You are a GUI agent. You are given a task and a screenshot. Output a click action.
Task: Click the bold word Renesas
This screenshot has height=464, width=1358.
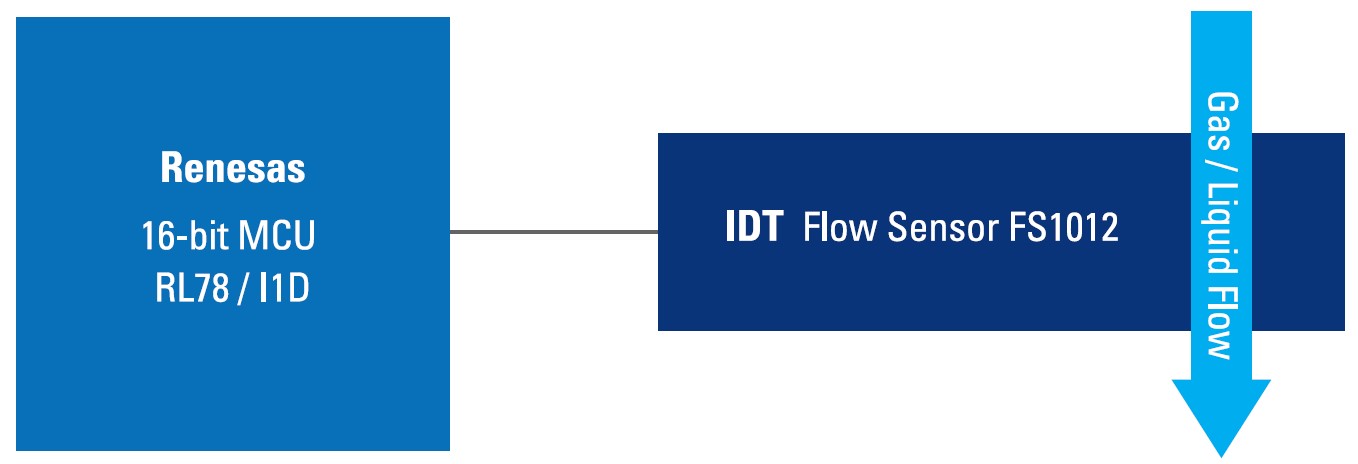[233, 167]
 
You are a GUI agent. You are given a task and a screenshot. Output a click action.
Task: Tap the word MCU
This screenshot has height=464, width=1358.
[277, 235]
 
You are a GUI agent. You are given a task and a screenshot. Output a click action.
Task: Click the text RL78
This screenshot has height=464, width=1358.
[192, 287]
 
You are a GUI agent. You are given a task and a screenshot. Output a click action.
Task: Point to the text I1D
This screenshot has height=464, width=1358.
[284, 287]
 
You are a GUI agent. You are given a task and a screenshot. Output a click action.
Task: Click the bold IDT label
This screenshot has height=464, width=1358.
[754, 227]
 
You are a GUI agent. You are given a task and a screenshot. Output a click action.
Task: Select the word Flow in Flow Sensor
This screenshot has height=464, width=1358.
[840, 227]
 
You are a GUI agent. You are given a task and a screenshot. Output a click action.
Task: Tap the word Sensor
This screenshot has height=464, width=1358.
[943, 227]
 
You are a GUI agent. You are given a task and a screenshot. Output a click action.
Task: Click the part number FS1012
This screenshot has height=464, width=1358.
[1064, 227]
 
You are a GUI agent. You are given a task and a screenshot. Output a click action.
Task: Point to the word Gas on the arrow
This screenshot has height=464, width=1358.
[1222, 121]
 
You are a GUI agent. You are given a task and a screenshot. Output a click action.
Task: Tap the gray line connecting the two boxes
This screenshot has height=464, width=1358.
[554, 232]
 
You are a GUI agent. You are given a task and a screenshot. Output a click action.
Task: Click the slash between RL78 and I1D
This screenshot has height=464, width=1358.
[243, 288]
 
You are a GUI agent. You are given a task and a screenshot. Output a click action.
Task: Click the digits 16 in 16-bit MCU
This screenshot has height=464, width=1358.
[158, 236]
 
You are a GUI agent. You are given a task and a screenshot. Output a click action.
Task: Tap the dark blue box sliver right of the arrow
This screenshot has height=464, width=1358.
[1299, 232]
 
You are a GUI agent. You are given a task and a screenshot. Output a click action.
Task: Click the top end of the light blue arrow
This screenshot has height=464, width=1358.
[1222, 11]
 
